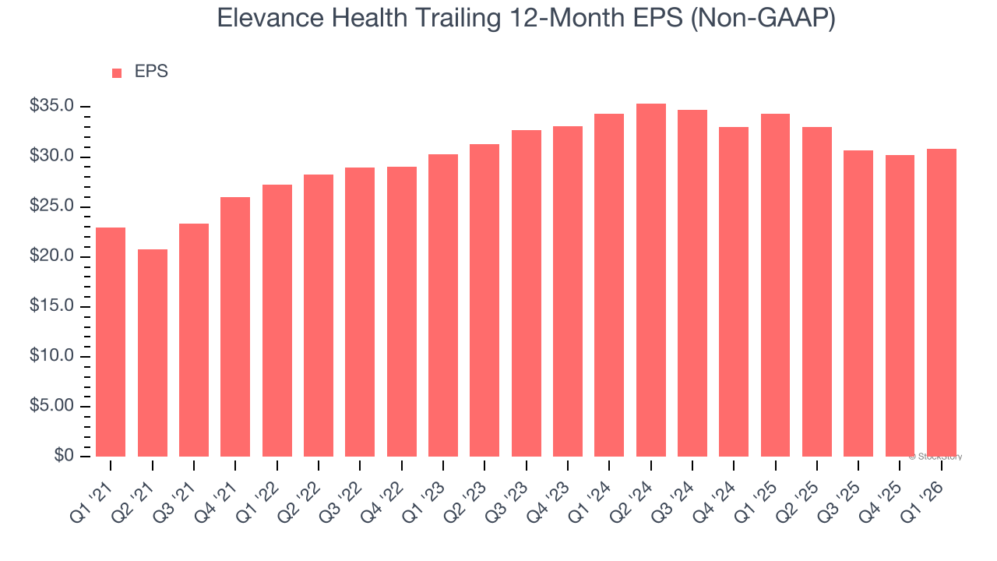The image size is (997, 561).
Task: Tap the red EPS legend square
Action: click(117, 72)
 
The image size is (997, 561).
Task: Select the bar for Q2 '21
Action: click(152, 352)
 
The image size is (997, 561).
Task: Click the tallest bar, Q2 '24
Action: click(650, 280)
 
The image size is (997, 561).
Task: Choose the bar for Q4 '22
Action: click(401, 311)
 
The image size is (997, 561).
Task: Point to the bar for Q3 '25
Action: click(858, 303)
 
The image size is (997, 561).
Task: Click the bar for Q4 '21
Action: click(235, 326)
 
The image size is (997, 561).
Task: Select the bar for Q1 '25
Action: click(775, 284)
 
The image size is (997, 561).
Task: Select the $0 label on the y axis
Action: click(64, 456)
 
